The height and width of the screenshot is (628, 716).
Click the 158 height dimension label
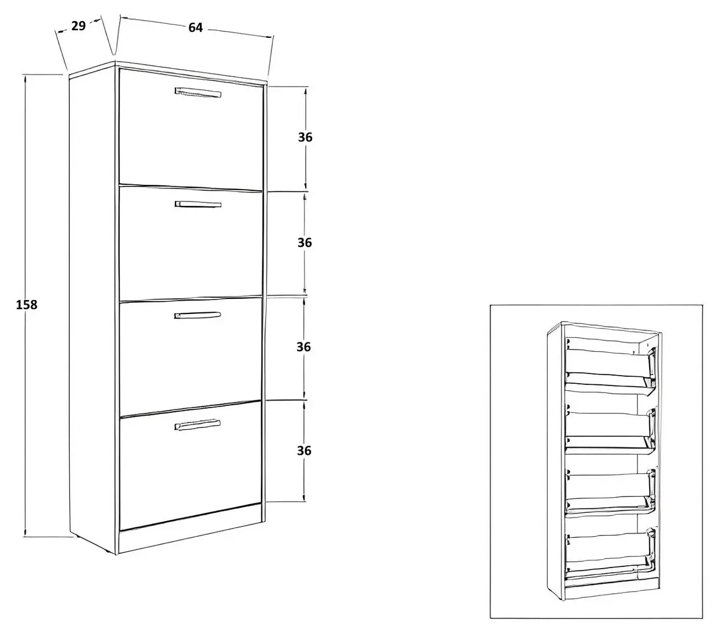click(x=27, y=305)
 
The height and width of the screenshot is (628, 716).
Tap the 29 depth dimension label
click(x=78, y=26)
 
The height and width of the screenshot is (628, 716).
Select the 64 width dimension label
click(x=195, y=27)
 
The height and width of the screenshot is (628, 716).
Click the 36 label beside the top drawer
click(x=305, y=137)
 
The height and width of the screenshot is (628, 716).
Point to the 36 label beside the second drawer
click(x=305, y=242)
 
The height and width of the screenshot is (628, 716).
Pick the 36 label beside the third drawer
click(x=303, y=347)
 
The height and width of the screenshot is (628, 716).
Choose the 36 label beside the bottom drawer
click(x=304, y=451)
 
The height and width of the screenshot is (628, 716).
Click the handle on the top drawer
click(x=198, y=92)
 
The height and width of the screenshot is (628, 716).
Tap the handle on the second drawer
click(x=198, y=204)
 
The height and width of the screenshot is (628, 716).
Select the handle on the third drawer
click(x=198, y=315)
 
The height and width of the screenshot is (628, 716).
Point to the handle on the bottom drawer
click(x=198, y=424)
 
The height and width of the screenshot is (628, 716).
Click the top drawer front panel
click(x=191, y=130)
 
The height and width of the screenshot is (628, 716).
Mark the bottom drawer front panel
click(x=190, y=465)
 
